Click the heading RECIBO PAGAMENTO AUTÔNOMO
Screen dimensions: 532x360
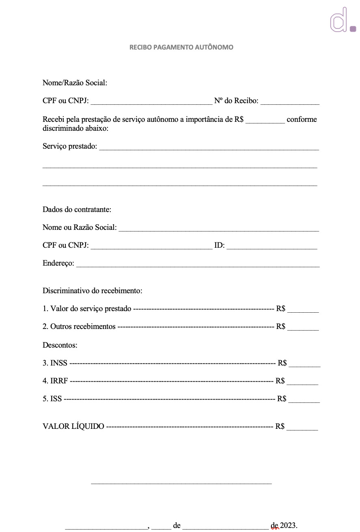tap(181, 47)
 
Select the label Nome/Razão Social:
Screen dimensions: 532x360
tap(75, 83)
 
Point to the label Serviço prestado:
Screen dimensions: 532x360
tap(70, 146)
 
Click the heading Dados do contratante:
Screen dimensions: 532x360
tap(77, 210)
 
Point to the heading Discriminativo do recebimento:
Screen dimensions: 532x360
tap(92, 291)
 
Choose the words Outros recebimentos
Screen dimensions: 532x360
tap(83, 327)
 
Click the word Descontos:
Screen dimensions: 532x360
tap(60, 345)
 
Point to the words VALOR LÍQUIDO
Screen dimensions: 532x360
tap(73, 426)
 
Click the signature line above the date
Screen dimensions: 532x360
tap(181, 482)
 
